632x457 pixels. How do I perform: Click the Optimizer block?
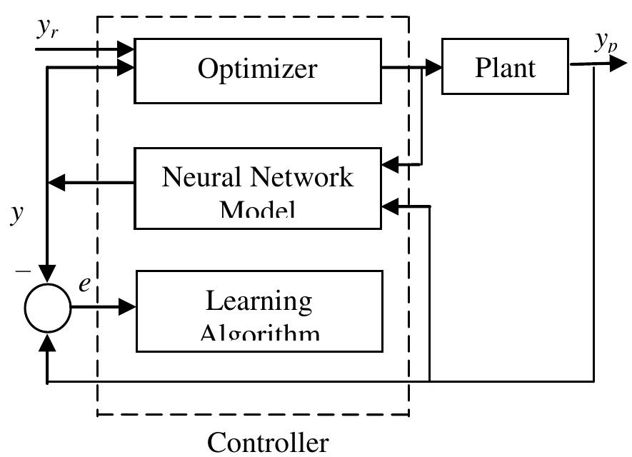pyautogui.click(x=257, y=70)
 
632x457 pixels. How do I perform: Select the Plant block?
pyautogui.click(x=505, y=67)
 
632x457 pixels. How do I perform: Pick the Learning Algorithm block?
pyautogui.click(x=259, y=311)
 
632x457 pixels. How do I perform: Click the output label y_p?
pyautogui.click(x=607, y=44)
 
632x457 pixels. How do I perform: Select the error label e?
pyautogui.click(x=84, y=283)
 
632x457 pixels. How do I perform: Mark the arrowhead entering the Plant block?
pyautogui.click(x=434, y=68)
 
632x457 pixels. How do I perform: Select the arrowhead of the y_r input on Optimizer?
pyautogui.click(x=126, y=49)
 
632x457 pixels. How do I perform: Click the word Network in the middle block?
pyautogui.click(x=310, y=176)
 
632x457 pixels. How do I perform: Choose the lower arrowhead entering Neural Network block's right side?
pyautogui.click(x=391, y=206)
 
